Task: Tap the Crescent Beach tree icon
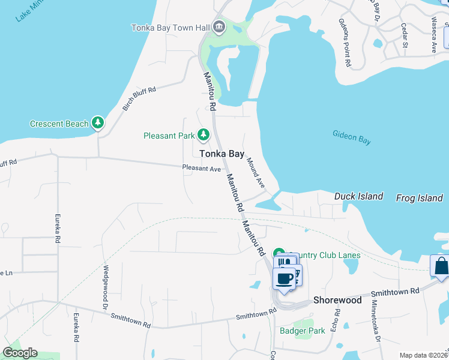click(98, 124)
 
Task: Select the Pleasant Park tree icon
click(203, 135)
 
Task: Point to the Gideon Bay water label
click(352, 137)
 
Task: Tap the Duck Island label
click(358, 196)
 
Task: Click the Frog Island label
click(419, 197)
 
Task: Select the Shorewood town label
click(338, 299)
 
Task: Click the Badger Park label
click(302, 331)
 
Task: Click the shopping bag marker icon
click(441, 266)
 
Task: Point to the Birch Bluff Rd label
click(139, 98)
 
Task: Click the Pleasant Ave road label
click(202, 169)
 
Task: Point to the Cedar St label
click(404, 36)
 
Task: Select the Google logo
click(20, 353)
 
